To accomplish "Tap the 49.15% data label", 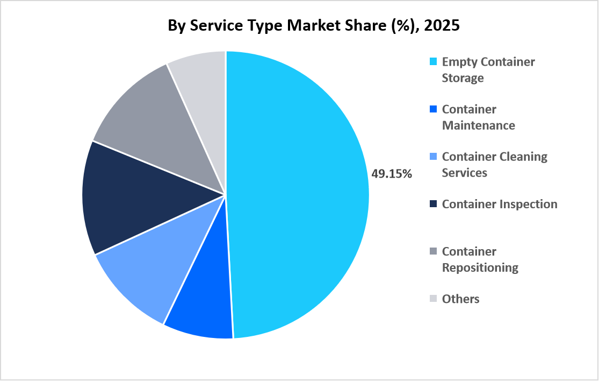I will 392,174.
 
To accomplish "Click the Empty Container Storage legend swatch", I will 433,62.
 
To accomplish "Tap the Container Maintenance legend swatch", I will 433,109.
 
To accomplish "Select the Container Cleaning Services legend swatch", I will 433,157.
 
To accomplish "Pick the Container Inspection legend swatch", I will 433,204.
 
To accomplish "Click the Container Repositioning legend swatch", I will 433,251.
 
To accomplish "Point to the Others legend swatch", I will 433,299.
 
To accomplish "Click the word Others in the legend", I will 460,299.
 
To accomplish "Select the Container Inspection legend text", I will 500,204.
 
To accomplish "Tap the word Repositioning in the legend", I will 480,267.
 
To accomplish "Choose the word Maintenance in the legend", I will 478,125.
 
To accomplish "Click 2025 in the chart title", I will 442,26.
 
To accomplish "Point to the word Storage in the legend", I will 463,78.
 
